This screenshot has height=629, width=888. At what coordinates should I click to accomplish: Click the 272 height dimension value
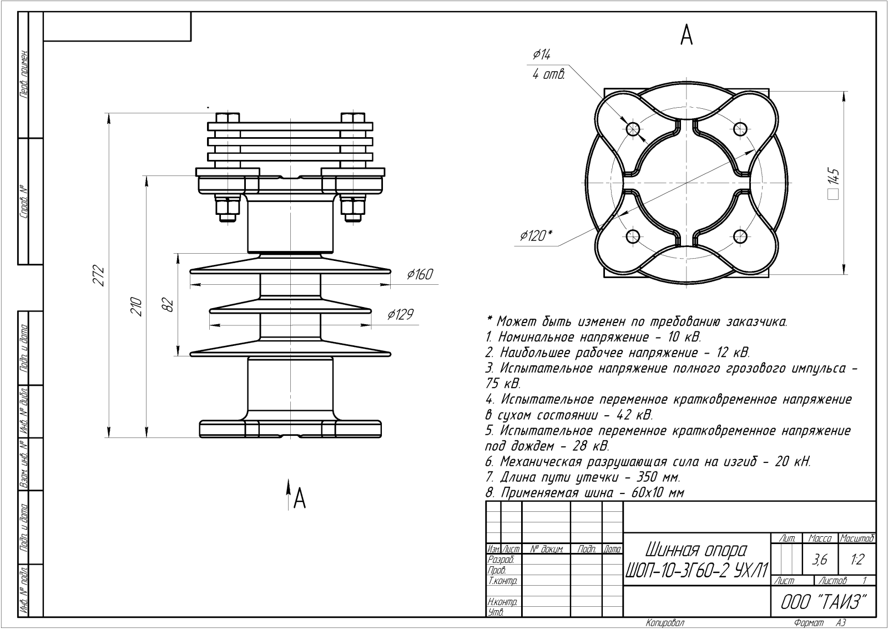(98, 275)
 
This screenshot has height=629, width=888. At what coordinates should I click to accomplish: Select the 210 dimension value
(136, 306)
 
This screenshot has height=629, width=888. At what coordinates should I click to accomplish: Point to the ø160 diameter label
(420, 274)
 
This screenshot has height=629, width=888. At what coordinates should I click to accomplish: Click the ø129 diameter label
(400, 314)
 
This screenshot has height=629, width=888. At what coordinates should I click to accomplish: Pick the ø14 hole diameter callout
(541, 54)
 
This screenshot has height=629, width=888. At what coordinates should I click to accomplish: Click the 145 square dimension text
(834, 182)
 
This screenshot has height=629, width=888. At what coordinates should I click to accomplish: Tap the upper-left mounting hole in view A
(633, 128)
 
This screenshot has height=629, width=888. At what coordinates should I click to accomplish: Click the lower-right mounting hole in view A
(740, 236)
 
